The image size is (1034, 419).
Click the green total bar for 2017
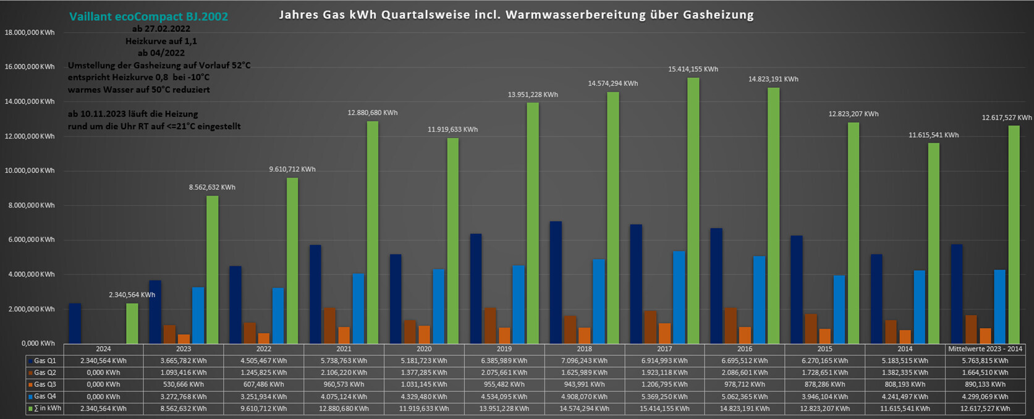[x=693, y=210]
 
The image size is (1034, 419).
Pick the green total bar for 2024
[x=132, y=323]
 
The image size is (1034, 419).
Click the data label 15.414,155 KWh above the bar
[x=693, y=69]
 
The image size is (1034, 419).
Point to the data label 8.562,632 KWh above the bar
[x=211, y=187]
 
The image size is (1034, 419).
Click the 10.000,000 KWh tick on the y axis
[x=30, y=171]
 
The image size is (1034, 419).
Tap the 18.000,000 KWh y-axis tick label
[x=30, y=32]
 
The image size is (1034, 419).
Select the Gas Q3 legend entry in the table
[x=44, y=384]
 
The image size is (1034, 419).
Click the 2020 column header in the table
[x=424, y=349]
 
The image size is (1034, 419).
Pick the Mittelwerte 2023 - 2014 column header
[x=985, y=349]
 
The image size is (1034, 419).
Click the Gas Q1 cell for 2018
[x=584, y=361]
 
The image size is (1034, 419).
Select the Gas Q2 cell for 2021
[x=344, y=373]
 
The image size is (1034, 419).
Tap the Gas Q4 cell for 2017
[x=664, y=397]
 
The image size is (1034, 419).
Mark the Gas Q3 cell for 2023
[x=184, y=384]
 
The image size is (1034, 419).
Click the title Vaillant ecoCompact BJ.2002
[x=148, y=17]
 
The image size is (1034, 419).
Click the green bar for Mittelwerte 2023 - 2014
[x=1014, y=235]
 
